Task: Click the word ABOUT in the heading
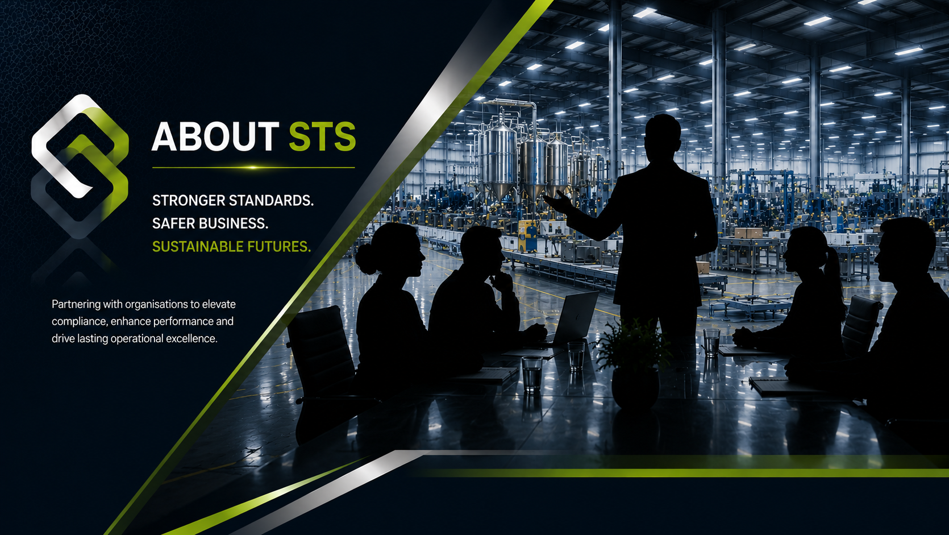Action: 215,136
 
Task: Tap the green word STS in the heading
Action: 322,136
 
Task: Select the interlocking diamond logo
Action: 80,166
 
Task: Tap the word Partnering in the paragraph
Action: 76,304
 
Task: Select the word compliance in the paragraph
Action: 79,322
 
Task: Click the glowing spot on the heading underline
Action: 252,168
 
